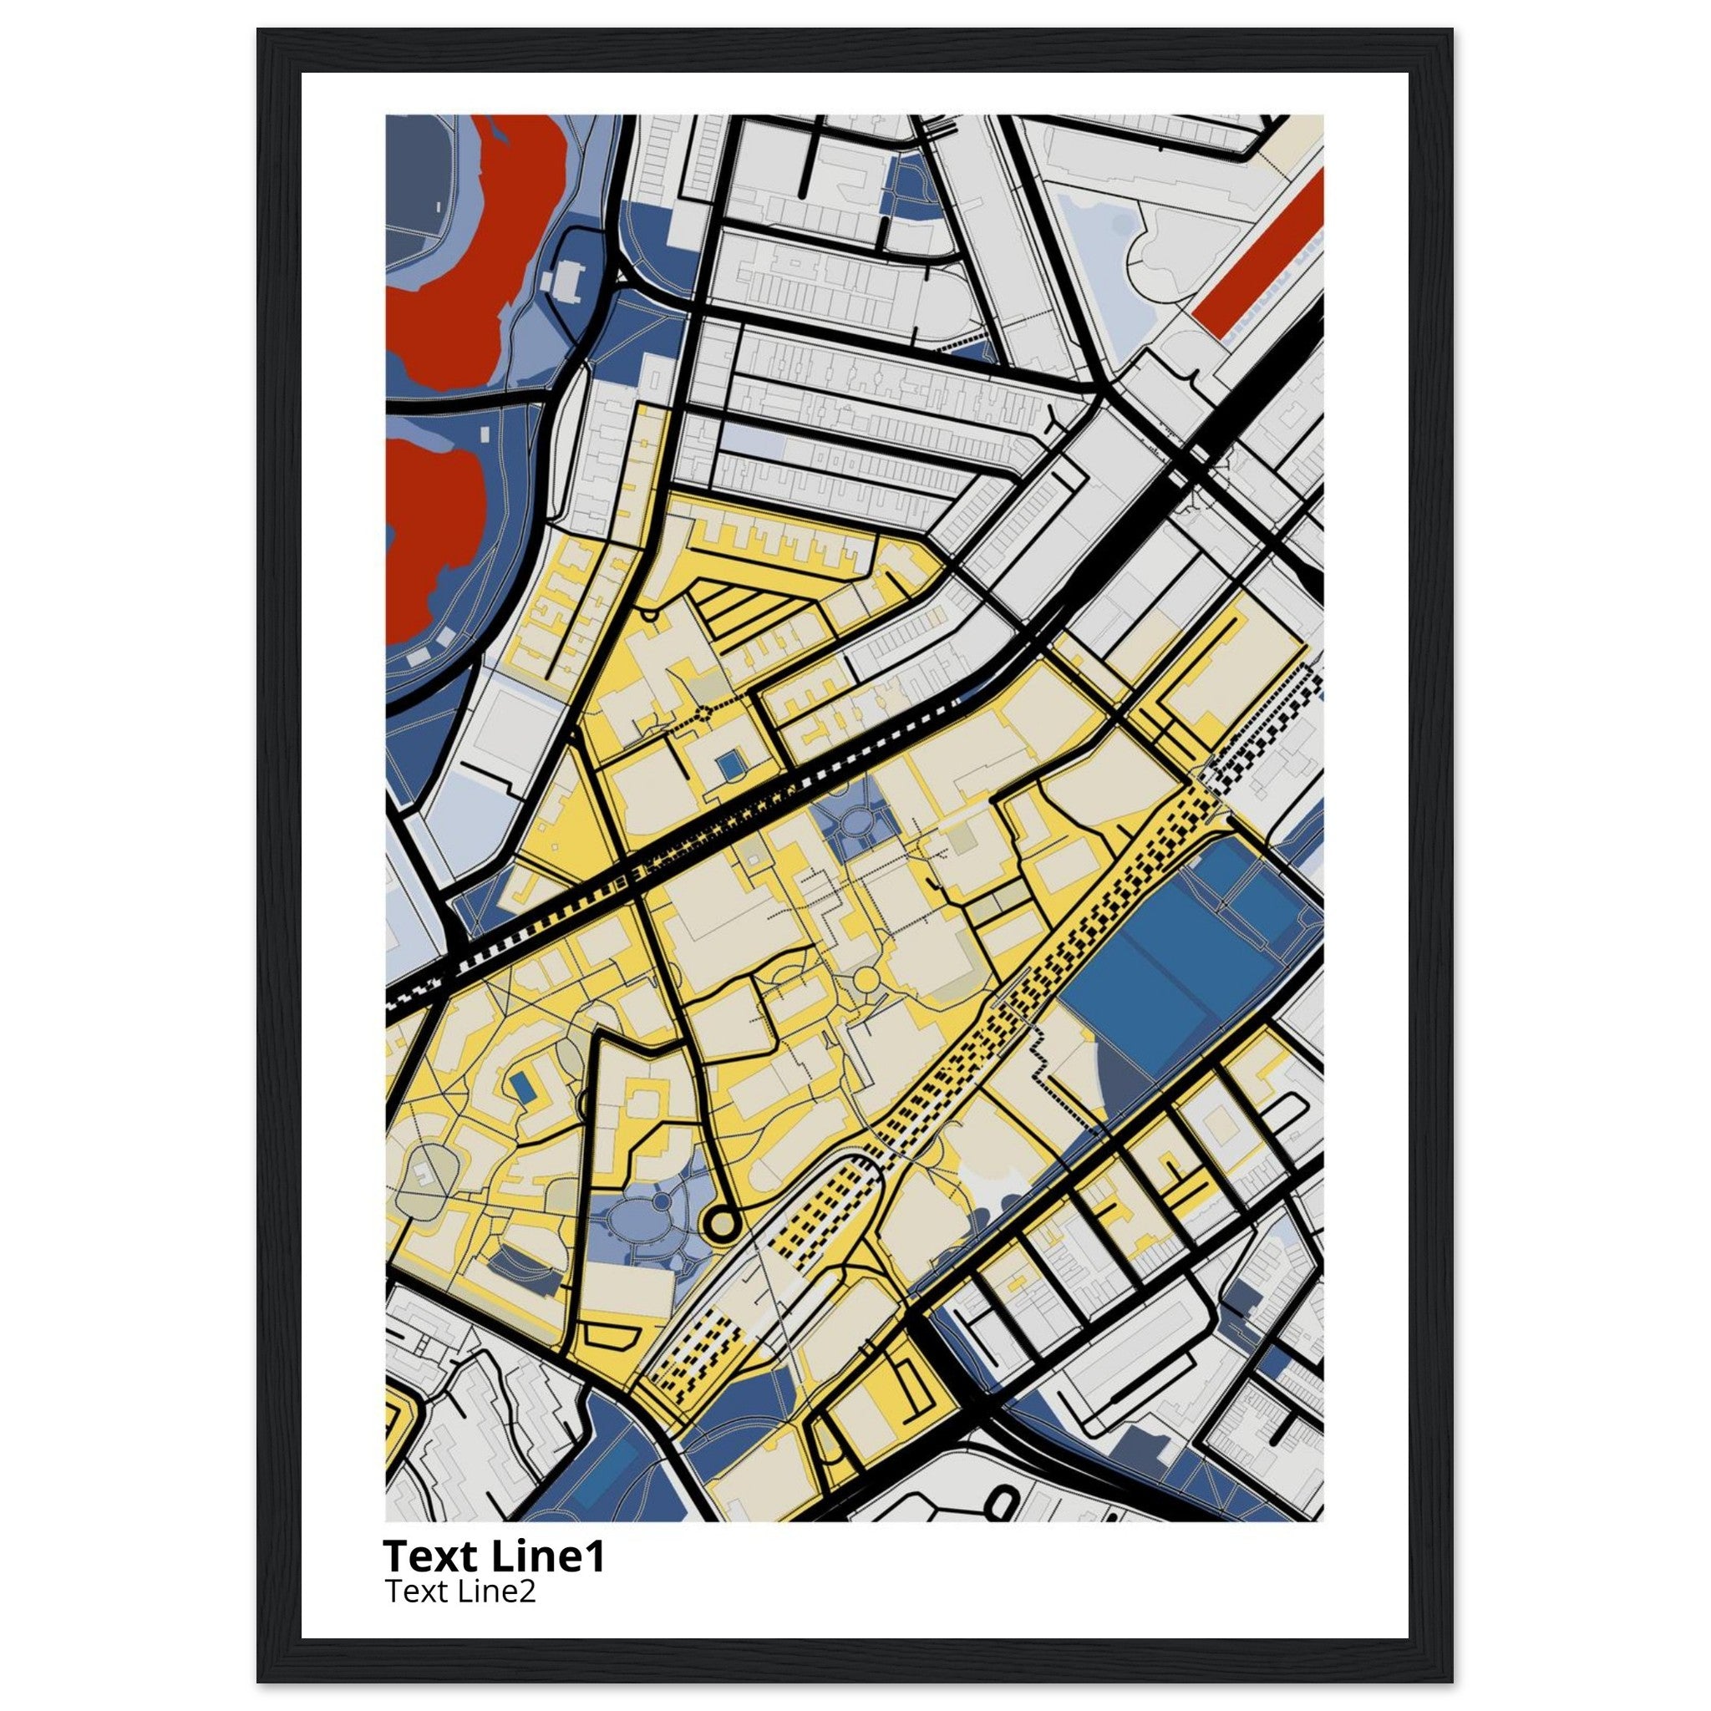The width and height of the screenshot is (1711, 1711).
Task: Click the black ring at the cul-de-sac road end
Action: [721, 1224]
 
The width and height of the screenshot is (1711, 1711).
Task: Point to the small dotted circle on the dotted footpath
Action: [704, 711]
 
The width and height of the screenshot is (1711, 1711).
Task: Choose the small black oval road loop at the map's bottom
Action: [1003, 1493]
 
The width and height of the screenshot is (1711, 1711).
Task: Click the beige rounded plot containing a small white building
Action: [425, 1174]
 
